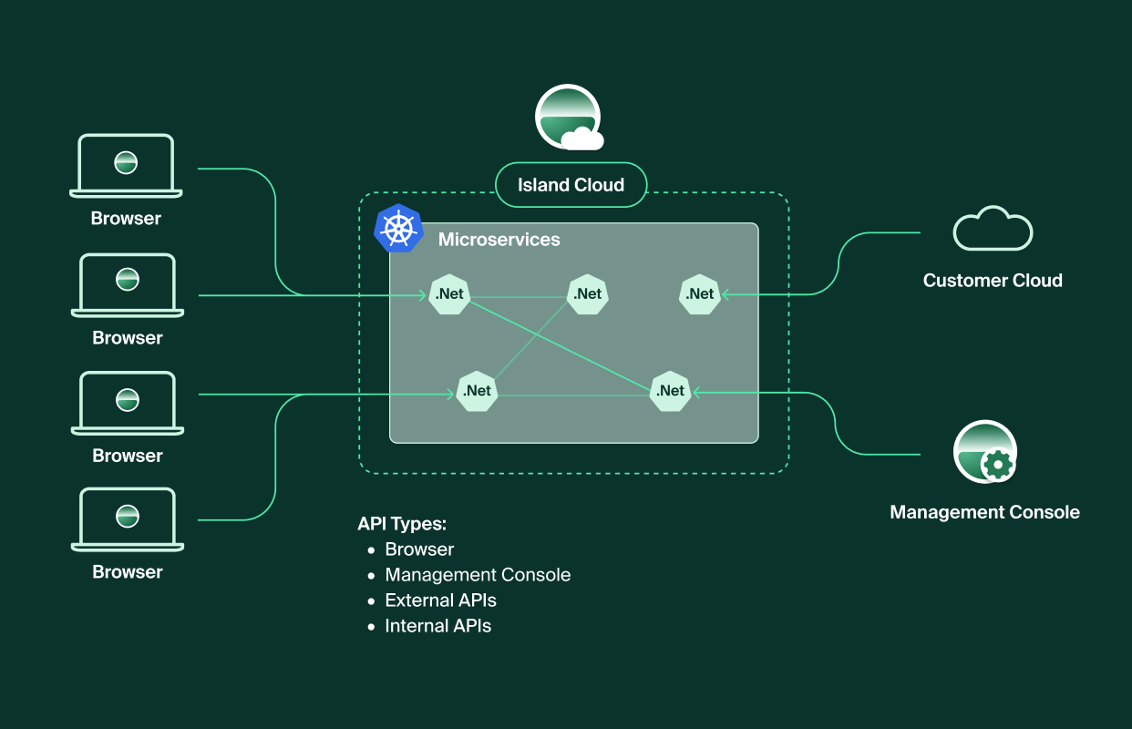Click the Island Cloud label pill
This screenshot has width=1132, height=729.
[x=571, y=185]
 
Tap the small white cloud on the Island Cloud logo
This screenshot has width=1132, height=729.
[x=582, y=139]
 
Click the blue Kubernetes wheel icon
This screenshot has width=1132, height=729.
[x=398, y=229]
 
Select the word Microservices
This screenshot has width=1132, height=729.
[x=499, y=240]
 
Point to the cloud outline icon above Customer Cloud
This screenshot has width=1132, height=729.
[x=993, y=229]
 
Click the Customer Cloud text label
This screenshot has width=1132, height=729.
[x=993, y=281]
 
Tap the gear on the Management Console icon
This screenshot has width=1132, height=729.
[x=998, y=464]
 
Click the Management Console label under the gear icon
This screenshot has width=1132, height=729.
[x=984, y=512]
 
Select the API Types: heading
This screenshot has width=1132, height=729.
[x=402, y=524]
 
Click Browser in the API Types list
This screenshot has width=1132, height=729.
[x=419, y=549]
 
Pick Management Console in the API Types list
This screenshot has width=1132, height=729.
[x=478, y=575]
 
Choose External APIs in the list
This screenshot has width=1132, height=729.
[x=440, y=601]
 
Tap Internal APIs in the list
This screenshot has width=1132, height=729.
[x=438, y=626]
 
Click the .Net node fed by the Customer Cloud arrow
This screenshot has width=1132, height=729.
[x=700, y=294]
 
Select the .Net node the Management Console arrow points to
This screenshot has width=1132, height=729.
[x=670, y=391]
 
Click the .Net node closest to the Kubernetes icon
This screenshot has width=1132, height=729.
[x=449, y=294]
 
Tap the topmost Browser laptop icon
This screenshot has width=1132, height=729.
[x=126, y=166]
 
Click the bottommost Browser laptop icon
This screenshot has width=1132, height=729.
[x=128, y=519]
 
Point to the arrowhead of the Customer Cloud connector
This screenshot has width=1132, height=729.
[x=726, y=294]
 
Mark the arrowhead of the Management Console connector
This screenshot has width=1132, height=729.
[x=695, y=392]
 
